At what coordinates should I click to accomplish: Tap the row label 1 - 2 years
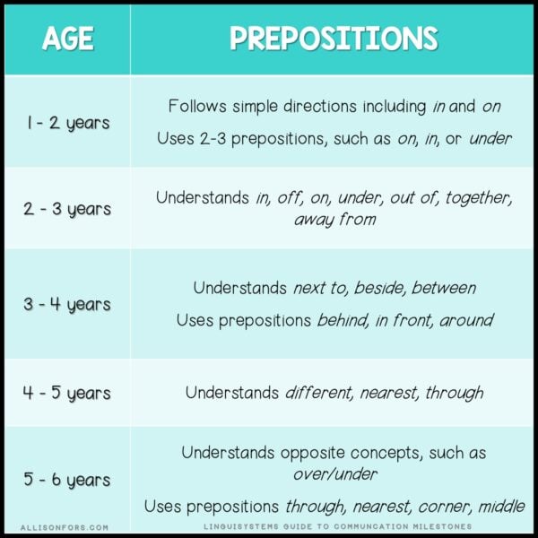(67, 122)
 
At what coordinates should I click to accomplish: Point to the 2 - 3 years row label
(67, 209)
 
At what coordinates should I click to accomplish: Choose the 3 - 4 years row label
(67, 304)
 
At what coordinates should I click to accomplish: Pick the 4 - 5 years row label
(67, 393)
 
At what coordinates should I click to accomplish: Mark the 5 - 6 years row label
(67, 481)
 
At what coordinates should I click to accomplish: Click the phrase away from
(334, 220)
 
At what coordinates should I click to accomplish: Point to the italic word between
(446, 288)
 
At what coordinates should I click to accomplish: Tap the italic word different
(319, 393)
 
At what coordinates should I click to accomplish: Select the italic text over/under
(334, 473)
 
